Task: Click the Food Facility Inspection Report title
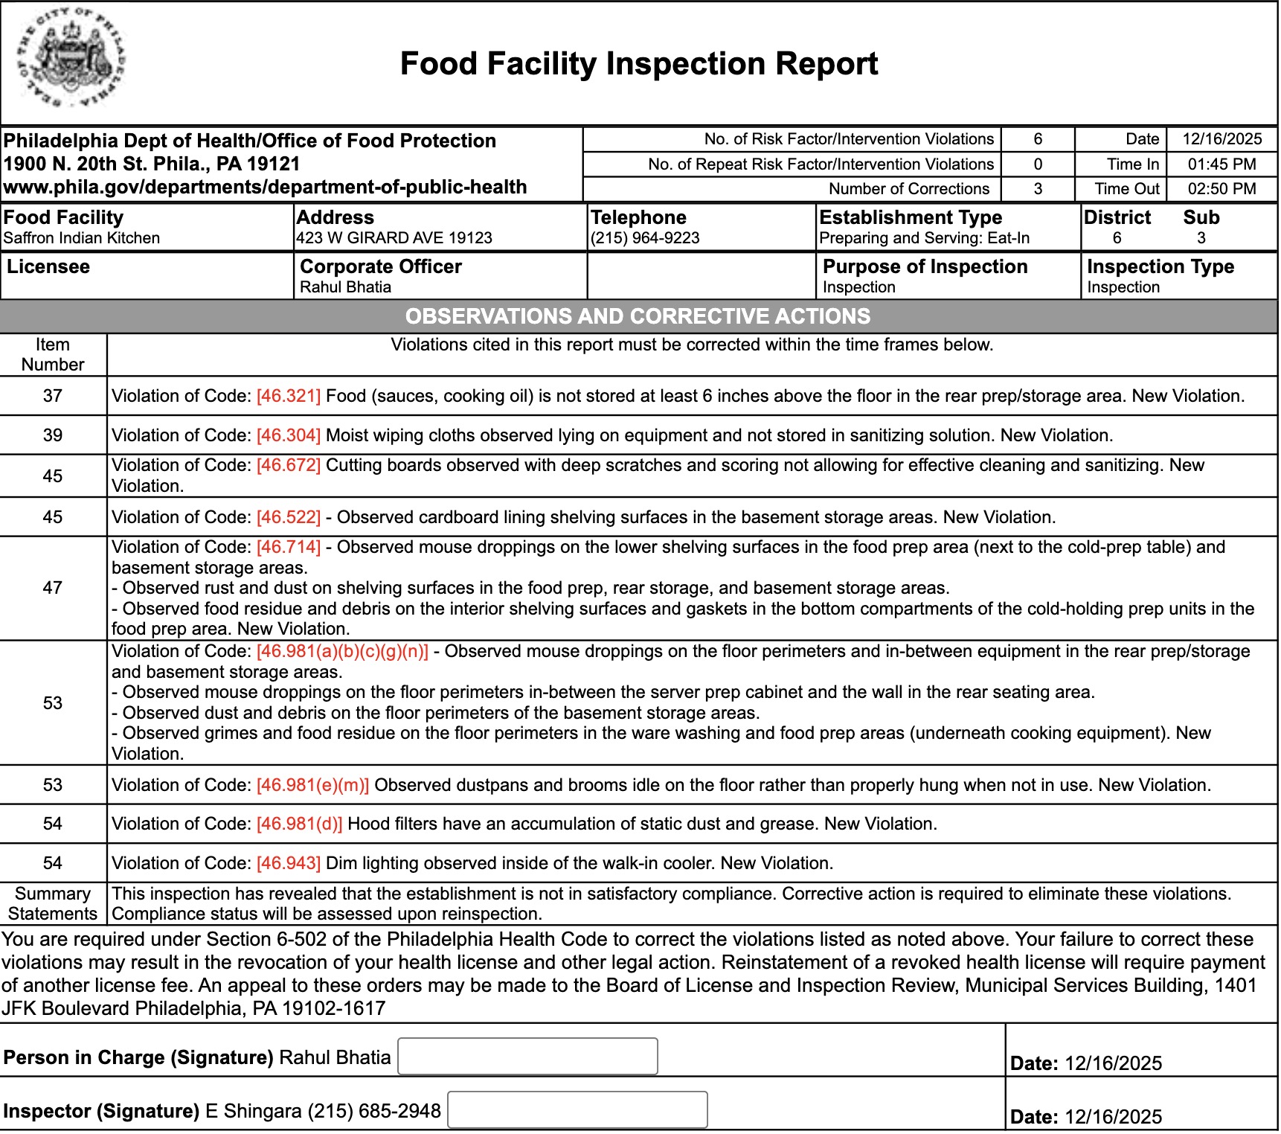click(639, 64)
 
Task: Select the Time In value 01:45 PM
click(1221, 164)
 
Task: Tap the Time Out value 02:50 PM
click(1221, 189)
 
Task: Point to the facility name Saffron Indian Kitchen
click(82, 238)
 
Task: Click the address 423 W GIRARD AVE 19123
click(394, 238)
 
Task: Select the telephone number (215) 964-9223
click(645, 238)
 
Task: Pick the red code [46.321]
click(289, 396)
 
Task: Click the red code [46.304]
click(289, 435)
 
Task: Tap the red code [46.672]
click(289, 465)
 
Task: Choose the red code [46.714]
click(289, 547)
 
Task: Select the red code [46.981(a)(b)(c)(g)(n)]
click(343, 651)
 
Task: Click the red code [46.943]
click(289, 863)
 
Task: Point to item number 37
click(53, 396)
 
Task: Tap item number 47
click(53, 588)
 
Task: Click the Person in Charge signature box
click(527, 1057)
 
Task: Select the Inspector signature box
click(577, 1110)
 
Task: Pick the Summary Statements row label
click(53, 903)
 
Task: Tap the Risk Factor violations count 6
click(1038, 139)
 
